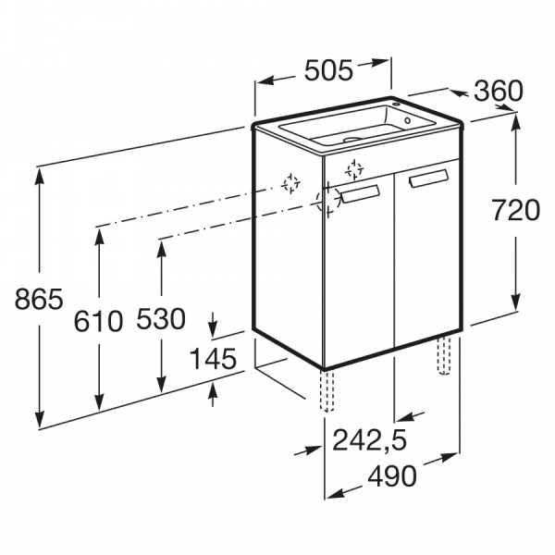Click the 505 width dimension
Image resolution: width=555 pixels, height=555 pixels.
pyautogui.click(x=328, y=70)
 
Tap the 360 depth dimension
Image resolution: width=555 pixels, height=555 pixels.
pyautogui.click(x=498, y=91)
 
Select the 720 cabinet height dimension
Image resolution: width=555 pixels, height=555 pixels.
pyautogui.click(x=516, y=210)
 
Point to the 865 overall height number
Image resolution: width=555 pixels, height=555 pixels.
pyautogui.click(x=39, y=299)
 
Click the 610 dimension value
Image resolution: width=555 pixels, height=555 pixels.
pyautogui.click(x=98, y=321)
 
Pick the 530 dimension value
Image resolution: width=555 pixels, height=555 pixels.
pyautogui.click(x=161, y=318)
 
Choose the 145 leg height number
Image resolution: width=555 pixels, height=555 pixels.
pyautogui.click(x=213, y=358)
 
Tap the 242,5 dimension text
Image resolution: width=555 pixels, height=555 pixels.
pyautogui.click(x=370, y=440)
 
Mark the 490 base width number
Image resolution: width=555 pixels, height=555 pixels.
pyautogui.click(x=392, y=475)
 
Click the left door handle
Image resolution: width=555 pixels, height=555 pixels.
pyautogui.click(x=360, y=194)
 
